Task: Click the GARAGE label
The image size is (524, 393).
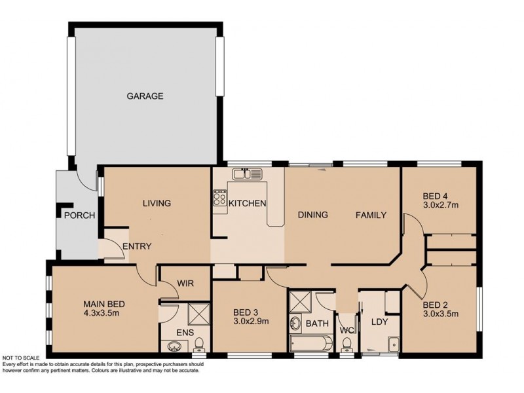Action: pyautogui.click(x=145, y=96)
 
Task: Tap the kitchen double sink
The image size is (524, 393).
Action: pyautogui.click(x=248, y=174)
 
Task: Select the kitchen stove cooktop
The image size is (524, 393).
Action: pyautogui.click(x=220, y=198)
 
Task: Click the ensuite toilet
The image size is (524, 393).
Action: pyautogui.click(x=199, y=345)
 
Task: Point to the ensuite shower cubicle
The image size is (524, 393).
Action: pyautogui.click(x=199, y=314)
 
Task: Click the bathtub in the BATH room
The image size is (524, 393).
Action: pyautogui.click(x=311, y=343)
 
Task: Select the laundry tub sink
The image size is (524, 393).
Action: pyautogui.click(x=394, y=345)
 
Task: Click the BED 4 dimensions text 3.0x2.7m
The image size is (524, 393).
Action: pyautogui.click(x=440, y=205)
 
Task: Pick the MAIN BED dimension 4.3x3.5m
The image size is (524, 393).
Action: pyautogui.click(x=102, y=313)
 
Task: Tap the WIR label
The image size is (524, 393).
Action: pyautogui.click(x=185, y=284)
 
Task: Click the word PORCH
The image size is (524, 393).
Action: pyautogui.click(x=79, y=215)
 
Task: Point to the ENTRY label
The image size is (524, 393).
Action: pyautogui.click(x=137, y=246)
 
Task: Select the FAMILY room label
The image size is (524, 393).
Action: pyautogui.click(x=371, y=215)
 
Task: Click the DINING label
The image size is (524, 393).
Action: pyautogui.click(x=313, y=215)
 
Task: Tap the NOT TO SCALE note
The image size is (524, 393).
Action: pyautogui.click(x=21, y=358)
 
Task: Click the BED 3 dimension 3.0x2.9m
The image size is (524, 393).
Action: pyautogui.click(x=251, y=322)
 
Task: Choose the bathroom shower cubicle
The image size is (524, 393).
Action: pyautogui.click(x=301, y=302)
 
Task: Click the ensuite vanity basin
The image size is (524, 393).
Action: pyautogui.click(x=174, y=346)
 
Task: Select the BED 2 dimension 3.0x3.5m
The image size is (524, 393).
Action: pyautogui.click(x=440, y=314)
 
